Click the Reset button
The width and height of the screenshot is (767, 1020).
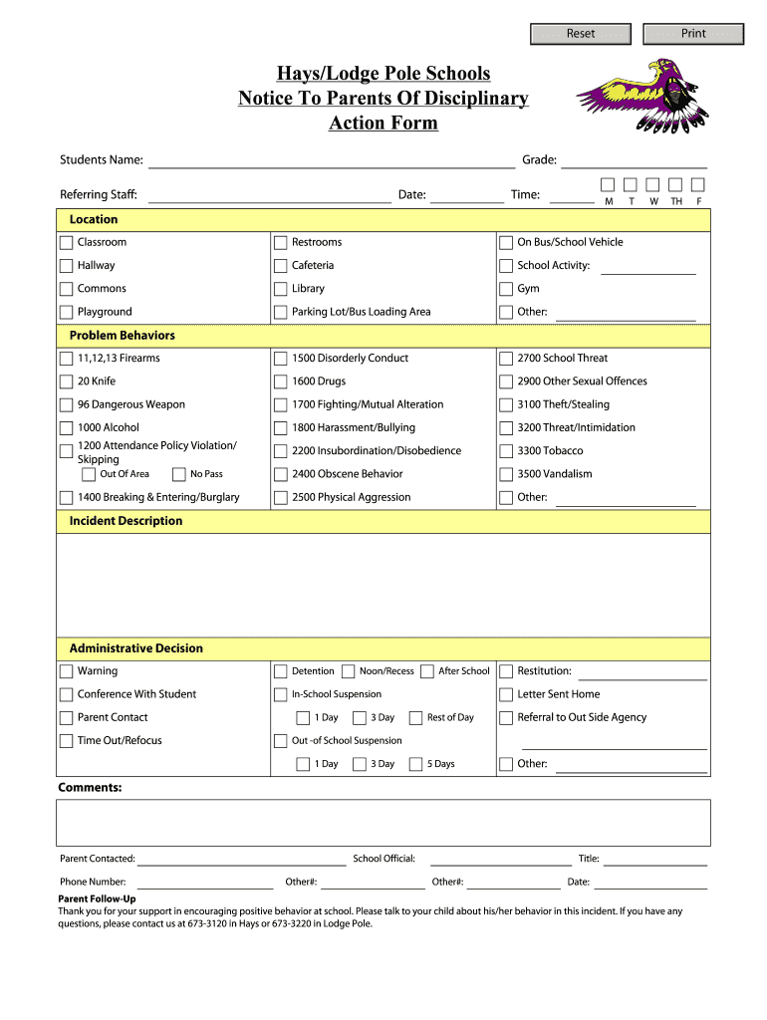click(x=581, y=34)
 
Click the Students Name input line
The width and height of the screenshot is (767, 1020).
click(x=331, y=160)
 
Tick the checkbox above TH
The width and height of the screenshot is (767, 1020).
click(x=675, y=185)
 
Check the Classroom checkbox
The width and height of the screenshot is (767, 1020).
click(x=67, y=243)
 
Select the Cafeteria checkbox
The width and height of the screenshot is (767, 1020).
click(x=281, y=266)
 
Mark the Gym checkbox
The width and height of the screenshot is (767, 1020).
click(x=506, y=289)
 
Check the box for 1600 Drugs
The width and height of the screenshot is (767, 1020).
click(x=281, y=382)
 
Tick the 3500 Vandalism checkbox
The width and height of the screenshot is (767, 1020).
click(x=506, y=474)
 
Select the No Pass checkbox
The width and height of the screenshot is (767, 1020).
click(x=179, y=475)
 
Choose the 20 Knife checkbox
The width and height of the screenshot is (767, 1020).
click(x=67, y=382)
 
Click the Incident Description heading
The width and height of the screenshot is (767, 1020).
click(x=126, y=521)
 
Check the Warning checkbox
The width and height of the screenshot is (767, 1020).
click(x=67, y=671)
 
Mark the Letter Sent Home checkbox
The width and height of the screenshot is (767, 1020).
click(x=506, y=694)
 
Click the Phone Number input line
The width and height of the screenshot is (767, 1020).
click(x=205, y=882)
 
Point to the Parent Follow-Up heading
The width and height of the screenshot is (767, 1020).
click(x=97, y=898)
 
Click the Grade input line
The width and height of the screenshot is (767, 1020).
click(x=635, y=160)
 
